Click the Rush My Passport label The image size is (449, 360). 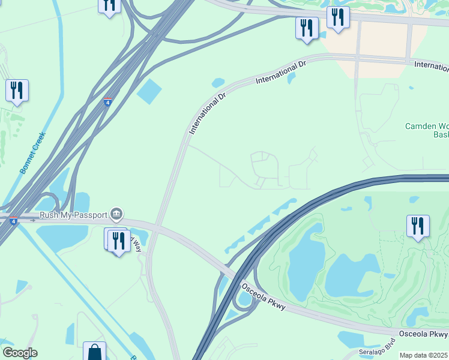pyautogui.click(x=73, y=215)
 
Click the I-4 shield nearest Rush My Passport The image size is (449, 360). pyautogui.click(x=13, y=221)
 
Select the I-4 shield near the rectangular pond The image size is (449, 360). pyautogui.click(x=107, y=102)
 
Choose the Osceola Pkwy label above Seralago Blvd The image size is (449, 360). pyautogui.click(x=423, y=333)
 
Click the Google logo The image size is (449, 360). pyautogui.click(x=20, y=353)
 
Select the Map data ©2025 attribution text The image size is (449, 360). pyautogui.click(x=424, y=355)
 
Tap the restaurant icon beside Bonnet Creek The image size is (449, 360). pyautogui.click(x=17, y=91)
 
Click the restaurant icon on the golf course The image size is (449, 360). pyautogui.click(x=418, y=226)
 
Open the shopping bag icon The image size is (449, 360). pyautogui.click(x=94, y=351)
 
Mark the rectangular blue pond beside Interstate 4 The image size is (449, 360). pyautogui.click(x=149, y=91)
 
